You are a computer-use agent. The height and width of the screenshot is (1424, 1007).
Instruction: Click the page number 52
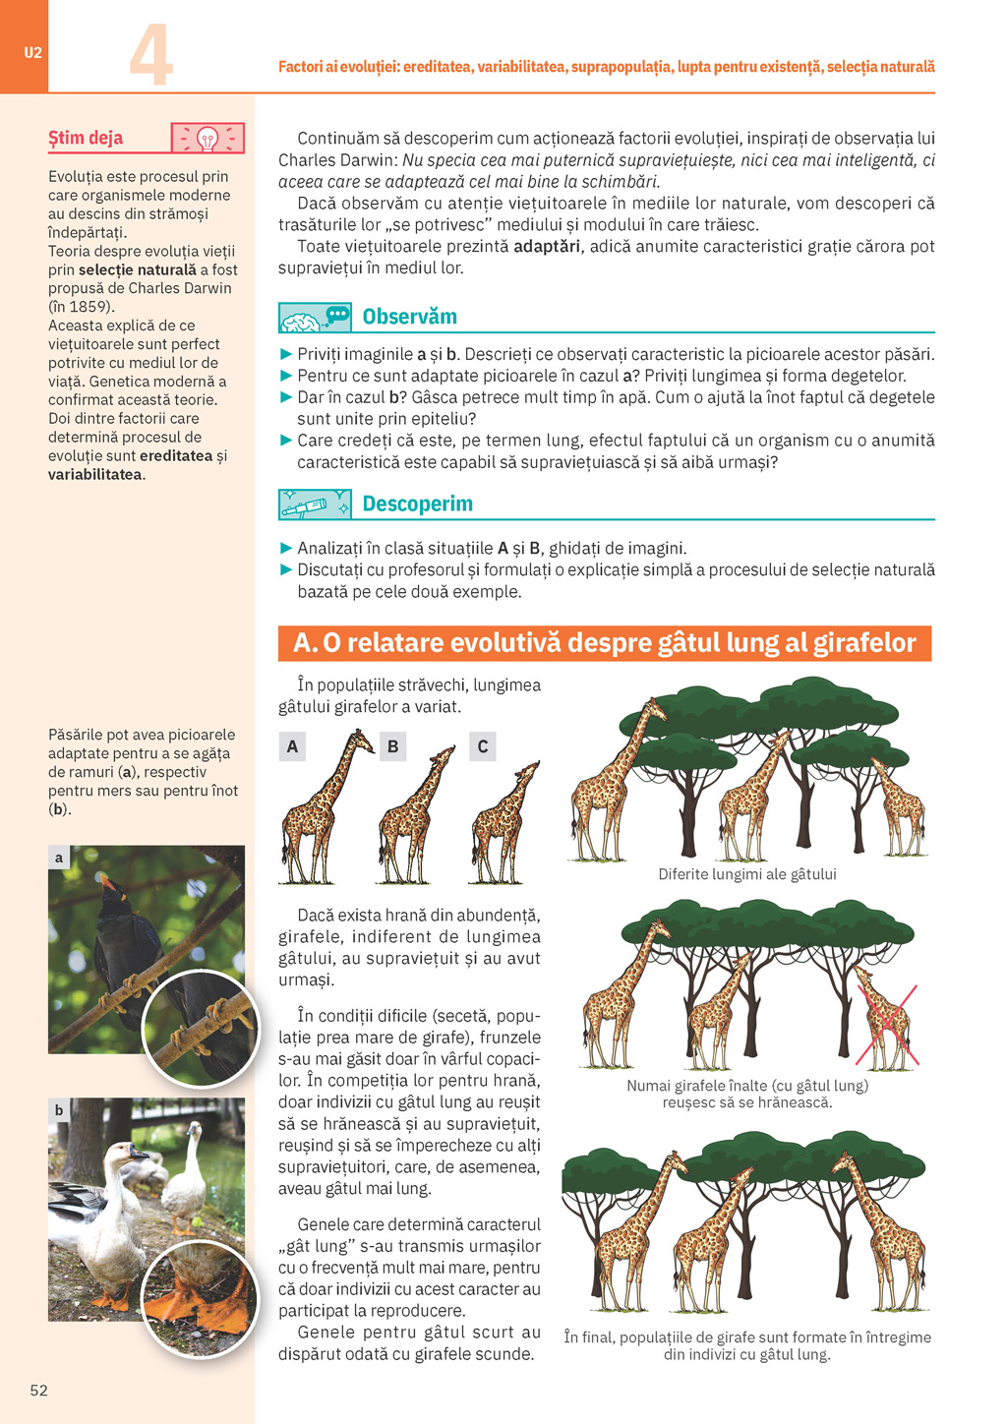39,1390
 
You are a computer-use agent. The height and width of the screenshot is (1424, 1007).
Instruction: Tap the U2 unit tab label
33,53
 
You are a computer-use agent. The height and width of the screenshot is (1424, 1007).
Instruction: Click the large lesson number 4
150,55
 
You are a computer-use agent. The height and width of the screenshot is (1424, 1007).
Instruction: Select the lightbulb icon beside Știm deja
207,139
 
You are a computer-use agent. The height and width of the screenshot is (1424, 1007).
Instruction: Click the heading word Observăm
409,317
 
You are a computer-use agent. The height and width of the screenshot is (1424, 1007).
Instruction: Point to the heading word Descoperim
417,504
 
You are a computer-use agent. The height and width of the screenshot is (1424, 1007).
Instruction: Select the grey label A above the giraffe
292,746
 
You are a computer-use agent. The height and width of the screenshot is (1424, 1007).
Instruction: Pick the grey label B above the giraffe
392,746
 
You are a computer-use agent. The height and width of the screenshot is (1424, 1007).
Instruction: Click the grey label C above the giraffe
483,746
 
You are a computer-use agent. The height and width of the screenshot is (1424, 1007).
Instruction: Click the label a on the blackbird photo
59,858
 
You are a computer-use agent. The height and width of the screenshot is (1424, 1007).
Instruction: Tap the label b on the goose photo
59,1110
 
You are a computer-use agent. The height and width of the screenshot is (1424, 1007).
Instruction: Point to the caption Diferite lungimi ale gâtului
747,874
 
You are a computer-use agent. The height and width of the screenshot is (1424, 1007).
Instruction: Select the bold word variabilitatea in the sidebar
95,475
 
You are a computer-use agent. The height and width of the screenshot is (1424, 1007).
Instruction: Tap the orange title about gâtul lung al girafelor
605,643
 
